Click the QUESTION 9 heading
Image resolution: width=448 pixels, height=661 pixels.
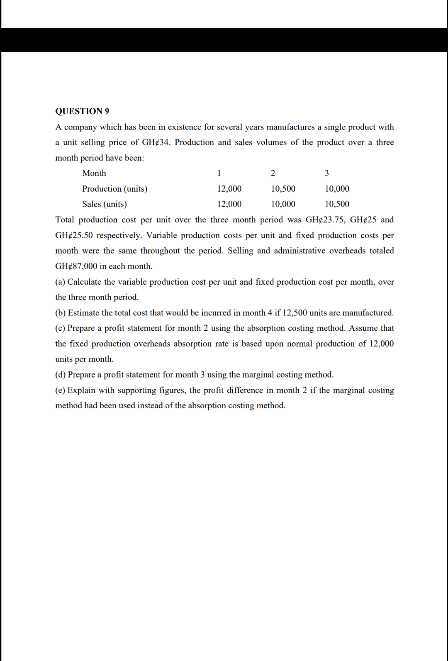click(82, 111)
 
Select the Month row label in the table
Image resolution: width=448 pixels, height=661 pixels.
click(94, 173)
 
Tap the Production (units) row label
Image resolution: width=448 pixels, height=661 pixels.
click(114, 189)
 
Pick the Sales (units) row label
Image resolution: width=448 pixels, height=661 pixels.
click(105, 204)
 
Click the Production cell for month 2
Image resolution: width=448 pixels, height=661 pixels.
click(283, 189)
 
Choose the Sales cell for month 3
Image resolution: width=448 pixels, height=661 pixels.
click(337, 204)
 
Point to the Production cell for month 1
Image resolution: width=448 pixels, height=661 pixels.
click(229, 189)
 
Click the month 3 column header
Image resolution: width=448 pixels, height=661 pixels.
click(326, 173)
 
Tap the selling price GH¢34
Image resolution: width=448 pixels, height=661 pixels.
click(156, 142)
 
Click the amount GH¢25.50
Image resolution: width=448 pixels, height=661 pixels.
click(74, 235)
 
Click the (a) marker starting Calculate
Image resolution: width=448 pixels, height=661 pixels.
click(60, 282)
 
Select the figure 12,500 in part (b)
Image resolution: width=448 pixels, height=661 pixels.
click(295, 313)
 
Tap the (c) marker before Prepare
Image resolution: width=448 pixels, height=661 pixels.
click(60, 328)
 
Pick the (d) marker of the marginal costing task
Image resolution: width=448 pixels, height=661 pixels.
click(60, 375)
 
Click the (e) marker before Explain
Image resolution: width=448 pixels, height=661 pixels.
click(60, 390)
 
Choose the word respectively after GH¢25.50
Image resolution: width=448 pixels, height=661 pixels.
click(119, 235)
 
